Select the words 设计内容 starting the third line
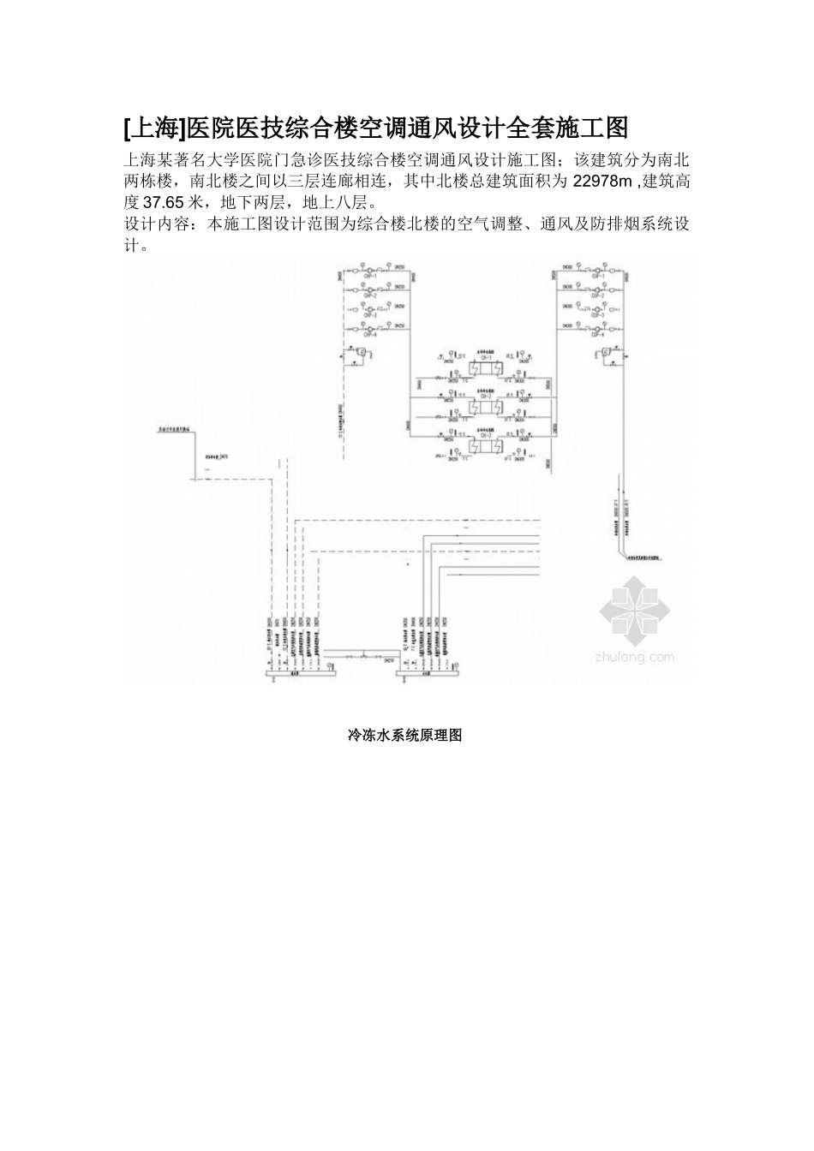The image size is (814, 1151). coord(154,224)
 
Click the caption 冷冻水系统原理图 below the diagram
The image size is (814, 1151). coord(404,735)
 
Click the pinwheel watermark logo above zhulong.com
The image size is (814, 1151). coord(636,610)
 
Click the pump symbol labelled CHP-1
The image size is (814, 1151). coord(371,270)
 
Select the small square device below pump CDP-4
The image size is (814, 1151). coord(606,350)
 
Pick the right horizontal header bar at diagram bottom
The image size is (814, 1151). coord(428,675)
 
